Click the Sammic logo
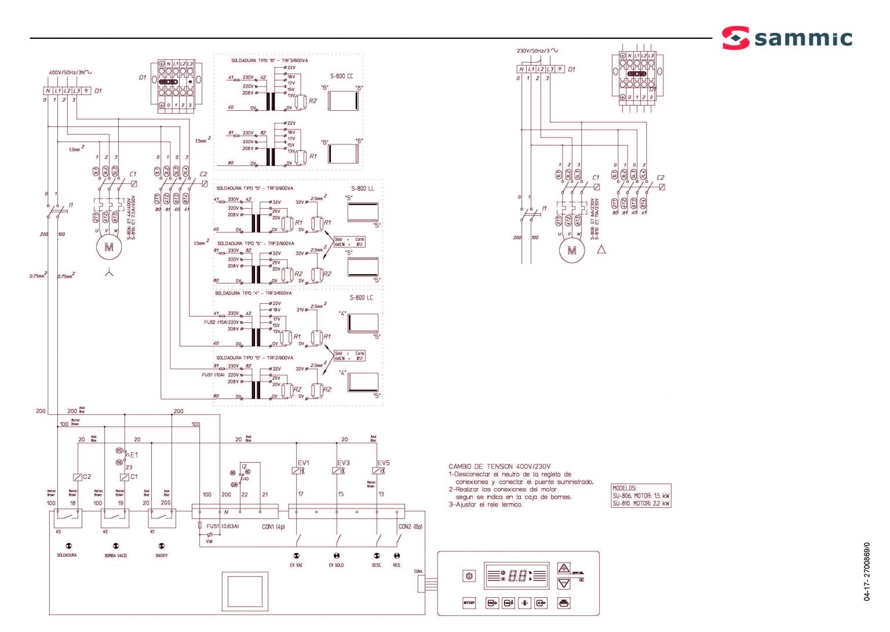coord(787,38)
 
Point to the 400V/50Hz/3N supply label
coord(69,72)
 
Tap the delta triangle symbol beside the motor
coord(601,250)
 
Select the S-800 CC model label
coord(341,76)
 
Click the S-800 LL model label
coord(362,188)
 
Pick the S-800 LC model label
coord(361,297)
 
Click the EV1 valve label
coord(303,463)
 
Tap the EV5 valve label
coord(383,463)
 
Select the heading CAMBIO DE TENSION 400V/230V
coord(499,466)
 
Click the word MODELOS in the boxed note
coord(624,488)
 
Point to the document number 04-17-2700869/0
coord(867,572)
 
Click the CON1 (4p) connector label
coord(273,526)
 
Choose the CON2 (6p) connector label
coord(410,526)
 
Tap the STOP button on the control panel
coord(469,603)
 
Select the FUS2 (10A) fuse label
coord(215,322)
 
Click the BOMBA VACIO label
coord(115,555)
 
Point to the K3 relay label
coord(58,531)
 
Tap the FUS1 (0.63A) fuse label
coord(222,526)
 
